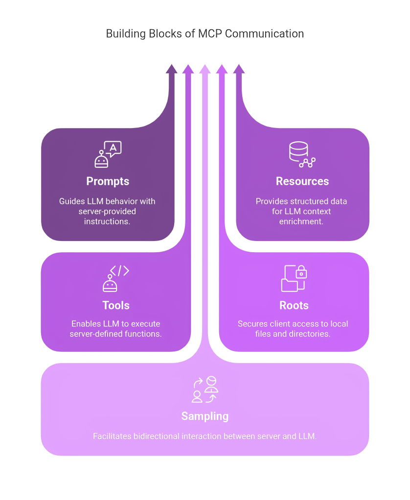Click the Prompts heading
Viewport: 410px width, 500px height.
click(108, 181)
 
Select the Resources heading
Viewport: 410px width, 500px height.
click(302, 181)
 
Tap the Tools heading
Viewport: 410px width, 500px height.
click(116, 305)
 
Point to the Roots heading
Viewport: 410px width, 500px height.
click(294, 305)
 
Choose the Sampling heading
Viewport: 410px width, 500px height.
click(205, 416)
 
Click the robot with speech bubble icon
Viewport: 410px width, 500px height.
click(108, 154)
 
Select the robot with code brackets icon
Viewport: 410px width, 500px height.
click(115, 278)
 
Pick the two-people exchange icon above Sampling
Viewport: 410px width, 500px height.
click(205, 389)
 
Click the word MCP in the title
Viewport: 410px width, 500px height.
click(211, 34)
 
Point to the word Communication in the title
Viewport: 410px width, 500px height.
click(265, 34)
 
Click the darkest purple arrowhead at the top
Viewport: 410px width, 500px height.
click(171, 69)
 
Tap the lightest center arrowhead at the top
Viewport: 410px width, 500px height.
click(205, 69)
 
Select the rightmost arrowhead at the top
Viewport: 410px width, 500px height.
click(239, 69)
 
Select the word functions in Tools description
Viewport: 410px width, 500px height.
click(142, 334)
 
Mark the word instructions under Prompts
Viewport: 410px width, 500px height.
click(108, 221)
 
